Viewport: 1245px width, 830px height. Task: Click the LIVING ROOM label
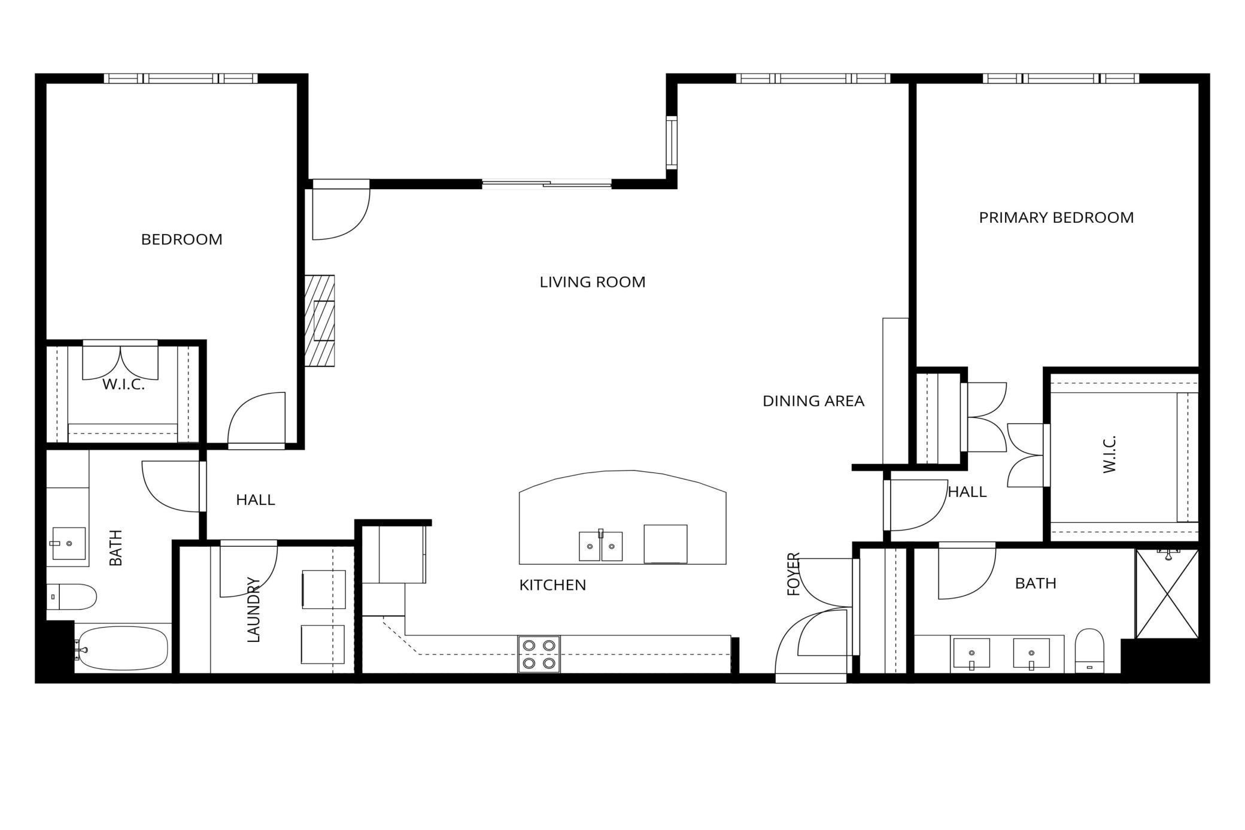tap(593, 282)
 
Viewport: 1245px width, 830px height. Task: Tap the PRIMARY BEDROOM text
tap(1056, 217)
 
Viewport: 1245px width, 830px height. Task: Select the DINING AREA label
tap(813, 401)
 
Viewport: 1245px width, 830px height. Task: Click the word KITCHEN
tap(552, 585)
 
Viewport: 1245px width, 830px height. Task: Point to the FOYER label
tap(794, 574)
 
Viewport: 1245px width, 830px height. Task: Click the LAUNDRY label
tap(254, 610)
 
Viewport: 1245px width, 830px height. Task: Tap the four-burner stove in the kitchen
tap(539, 654)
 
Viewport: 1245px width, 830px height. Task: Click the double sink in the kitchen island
tap(600, 546)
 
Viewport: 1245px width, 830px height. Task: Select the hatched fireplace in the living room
tap(320, 320)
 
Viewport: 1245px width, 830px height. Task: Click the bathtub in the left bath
tap(124, 648)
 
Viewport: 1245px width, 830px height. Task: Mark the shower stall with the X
tap(1167, 593)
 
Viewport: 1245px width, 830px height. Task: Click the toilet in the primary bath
tap(1089, 651)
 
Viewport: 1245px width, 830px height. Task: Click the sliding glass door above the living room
tap(546, 184)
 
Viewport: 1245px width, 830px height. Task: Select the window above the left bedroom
tap(180, 78)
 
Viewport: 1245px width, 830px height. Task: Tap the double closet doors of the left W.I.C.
tap(120, 362)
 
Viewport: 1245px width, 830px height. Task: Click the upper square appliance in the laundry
tap(323, 589)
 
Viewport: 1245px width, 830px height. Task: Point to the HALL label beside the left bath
tap(255, 499)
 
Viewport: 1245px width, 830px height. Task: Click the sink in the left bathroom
tap(68, 543)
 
